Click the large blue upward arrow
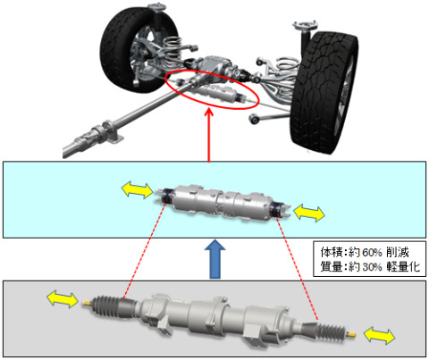pos(214,259)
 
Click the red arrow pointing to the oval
pos(209,136)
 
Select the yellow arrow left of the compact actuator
pos(138,190)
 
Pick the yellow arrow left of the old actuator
pos(63,299)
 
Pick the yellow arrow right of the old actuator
pos(380,335)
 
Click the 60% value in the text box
pos(372,253)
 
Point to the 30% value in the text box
pos(372,266)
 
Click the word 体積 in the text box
pos(331,253)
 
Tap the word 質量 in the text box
pos(331,266)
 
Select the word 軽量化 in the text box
pos(403,266)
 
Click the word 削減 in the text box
pos(398,253)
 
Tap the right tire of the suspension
pos(324,92)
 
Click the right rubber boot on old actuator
pos(332,330)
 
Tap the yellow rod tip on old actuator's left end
pos(86,303)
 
